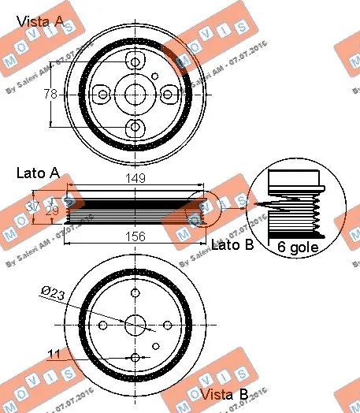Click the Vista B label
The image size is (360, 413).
pyautogui.click(x=225, y=393)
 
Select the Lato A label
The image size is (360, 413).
pyautogui.click(x=38, y=172)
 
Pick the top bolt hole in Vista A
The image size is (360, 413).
pyautogui.click(x=135, y=61)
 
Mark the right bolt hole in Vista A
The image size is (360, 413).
pyautogui.click(x=168, y=94)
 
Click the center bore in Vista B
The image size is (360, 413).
pyautogui.click(x=135, y=325)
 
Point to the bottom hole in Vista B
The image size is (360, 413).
pyautogui.click(x=135, y=358)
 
